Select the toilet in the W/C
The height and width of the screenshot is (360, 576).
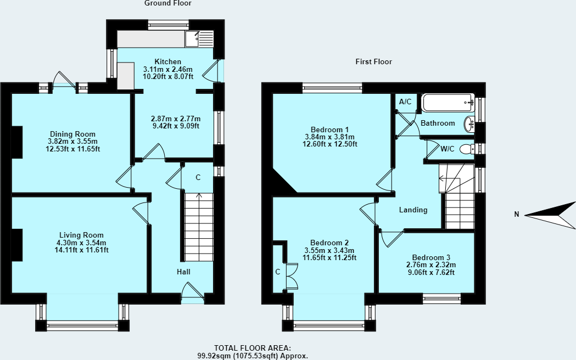466,149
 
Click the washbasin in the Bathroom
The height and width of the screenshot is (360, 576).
469,125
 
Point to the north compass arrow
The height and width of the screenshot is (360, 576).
550,215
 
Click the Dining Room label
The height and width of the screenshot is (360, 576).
72,134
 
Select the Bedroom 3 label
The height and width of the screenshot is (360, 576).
432,258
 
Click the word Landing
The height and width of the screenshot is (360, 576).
413,210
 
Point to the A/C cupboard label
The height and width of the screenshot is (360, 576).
405,102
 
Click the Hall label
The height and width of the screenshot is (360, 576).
183,272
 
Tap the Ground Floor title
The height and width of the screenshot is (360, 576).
168,3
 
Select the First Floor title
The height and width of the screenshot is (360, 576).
373,62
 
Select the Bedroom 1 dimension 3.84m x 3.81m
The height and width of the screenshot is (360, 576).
331,137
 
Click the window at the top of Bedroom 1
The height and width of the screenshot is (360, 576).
332,86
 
